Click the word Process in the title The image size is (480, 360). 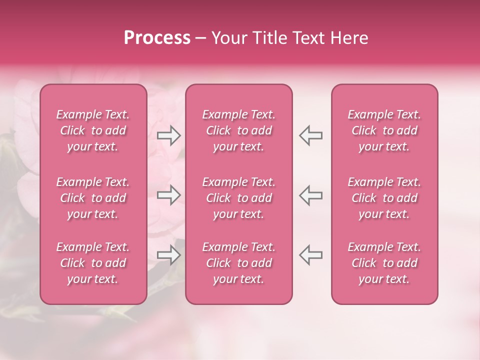(x=157, y=38)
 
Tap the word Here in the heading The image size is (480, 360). (x=349, y=38)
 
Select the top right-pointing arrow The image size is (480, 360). (x=168, y=135)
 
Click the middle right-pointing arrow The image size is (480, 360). (x=168, y=195)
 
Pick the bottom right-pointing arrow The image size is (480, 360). (x=168, y=255)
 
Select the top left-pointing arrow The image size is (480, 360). (x=311, y=135)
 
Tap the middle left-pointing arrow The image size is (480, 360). (x=311, y=195)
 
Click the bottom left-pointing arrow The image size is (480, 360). (x=311, y=255)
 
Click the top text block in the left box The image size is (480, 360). (x=93, y=130)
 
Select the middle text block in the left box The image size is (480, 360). (x=93, y=198)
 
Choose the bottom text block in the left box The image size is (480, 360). (x=93, y=263)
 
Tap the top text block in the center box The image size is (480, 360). (x=239, y=130)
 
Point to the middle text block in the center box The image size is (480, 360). (x=239, y=198)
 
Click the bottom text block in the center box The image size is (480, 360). (x=239, y=263)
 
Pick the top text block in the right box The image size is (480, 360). (x=384, y=130)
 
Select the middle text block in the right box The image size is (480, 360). (x=384, y=198)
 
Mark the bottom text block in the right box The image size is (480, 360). (x=384, y=263)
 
